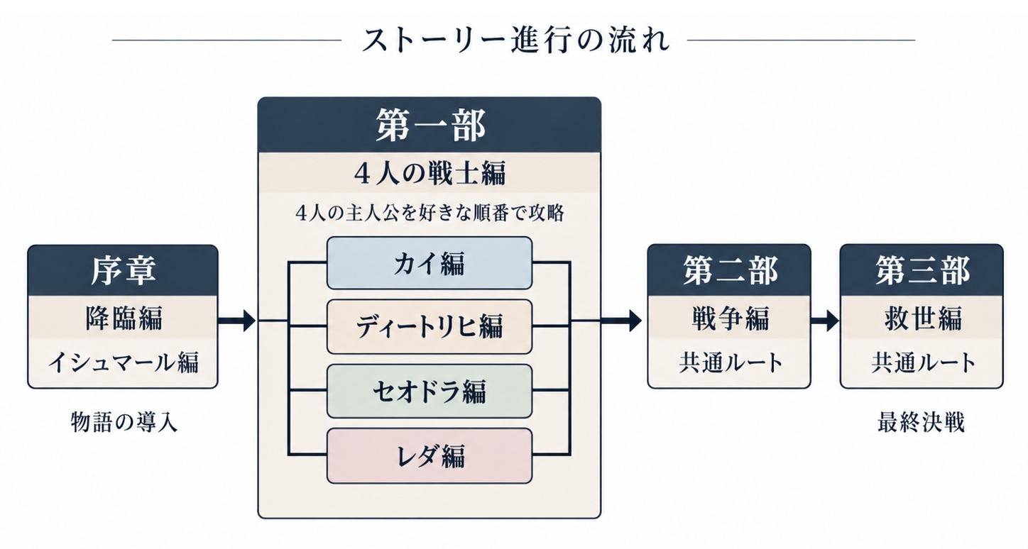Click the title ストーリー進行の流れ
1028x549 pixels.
(515, 40)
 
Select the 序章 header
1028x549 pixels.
(123, 270)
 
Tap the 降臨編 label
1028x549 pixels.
(124, 317)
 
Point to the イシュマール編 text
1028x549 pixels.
(124, 362)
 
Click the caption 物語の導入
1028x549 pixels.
(124, 422)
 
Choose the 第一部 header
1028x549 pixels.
(430, 125)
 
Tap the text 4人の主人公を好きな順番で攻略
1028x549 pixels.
(430, 213)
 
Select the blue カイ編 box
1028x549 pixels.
(430, 263)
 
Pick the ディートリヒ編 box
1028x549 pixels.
(430, 326)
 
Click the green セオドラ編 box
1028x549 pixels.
(430, 392)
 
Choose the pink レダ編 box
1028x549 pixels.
(430, 456)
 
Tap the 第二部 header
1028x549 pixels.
(729, 270)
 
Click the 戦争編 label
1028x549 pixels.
(730, 318)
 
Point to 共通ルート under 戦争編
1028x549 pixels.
(730, 362)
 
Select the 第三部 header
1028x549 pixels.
(922, 270)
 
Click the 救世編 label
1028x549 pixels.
(922, 318)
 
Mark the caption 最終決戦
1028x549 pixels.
(921, 422)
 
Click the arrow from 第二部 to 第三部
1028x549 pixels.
(825, 320)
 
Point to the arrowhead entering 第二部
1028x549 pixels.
(635, 320)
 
